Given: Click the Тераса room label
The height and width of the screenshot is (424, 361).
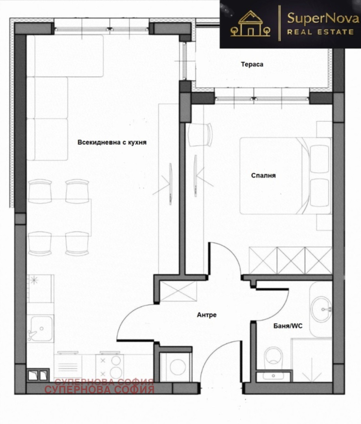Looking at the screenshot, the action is tap(252, 64).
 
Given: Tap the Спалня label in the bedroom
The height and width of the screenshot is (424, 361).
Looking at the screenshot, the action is tap(263, 176).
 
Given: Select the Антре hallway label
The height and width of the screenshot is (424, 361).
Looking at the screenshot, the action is tap(207, 315).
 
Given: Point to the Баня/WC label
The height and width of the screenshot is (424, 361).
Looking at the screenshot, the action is tap(288, 326).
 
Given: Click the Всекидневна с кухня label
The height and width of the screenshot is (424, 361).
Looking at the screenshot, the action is tap(112, 142).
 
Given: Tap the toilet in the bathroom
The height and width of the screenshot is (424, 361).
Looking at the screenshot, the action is tap(273, 358).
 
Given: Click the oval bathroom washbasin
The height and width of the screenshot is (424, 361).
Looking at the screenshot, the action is tap(321, 309).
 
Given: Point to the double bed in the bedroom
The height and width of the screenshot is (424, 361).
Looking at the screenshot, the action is tap(285, 176).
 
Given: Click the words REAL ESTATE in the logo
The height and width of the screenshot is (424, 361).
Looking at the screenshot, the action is tap(321, 32).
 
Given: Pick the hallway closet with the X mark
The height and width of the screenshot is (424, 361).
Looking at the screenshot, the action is tap(178, 291).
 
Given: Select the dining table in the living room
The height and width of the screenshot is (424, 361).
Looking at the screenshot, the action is tap(59, 217).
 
